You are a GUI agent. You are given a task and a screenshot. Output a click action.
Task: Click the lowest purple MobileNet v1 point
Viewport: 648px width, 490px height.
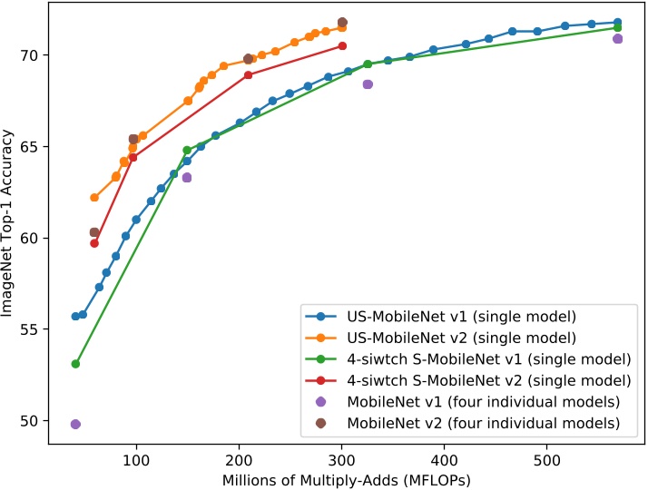tap(75, 424)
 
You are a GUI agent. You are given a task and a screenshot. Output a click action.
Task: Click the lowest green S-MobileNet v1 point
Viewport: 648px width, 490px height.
tap(75, 364)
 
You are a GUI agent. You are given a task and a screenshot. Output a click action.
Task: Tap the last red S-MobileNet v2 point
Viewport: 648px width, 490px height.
tap(342, 45)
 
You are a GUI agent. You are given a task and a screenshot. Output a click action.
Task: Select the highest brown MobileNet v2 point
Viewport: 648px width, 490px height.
tap(342, 22)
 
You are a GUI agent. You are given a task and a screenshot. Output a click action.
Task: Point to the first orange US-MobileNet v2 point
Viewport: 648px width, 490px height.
tap(94, 197)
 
